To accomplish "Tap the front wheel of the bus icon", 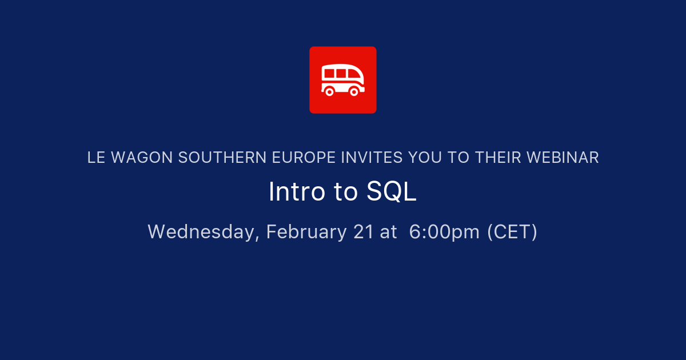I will (354, 91).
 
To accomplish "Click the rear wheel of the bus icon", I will (329, 91).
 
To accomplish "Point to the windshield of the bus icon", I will (356, 75).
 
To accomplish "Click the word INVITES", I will (371, 158).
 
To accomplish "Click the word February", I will (306, 232).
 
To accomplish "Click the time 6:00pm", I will (444, 232).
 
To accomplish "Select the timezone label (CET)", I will (512, 232).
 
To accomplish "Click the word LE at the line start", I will (95, 158).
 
